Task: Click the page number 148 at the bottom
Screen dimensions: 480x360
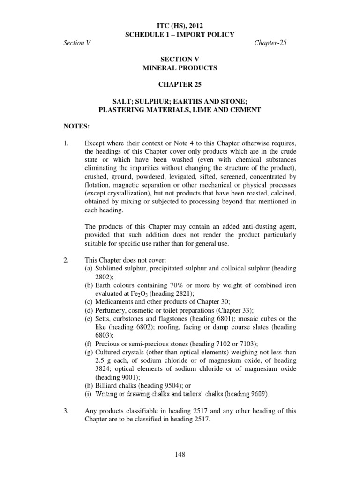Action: click(x=180, y=455)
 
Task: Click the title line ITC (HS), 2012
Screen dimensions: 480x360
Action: click(x=180, y=26)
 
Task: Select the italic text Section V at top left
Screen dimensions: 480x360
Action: click(x=76, y=43)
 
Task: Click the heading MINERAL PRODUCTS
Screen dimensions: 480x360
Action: click(x=180, y=68)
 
